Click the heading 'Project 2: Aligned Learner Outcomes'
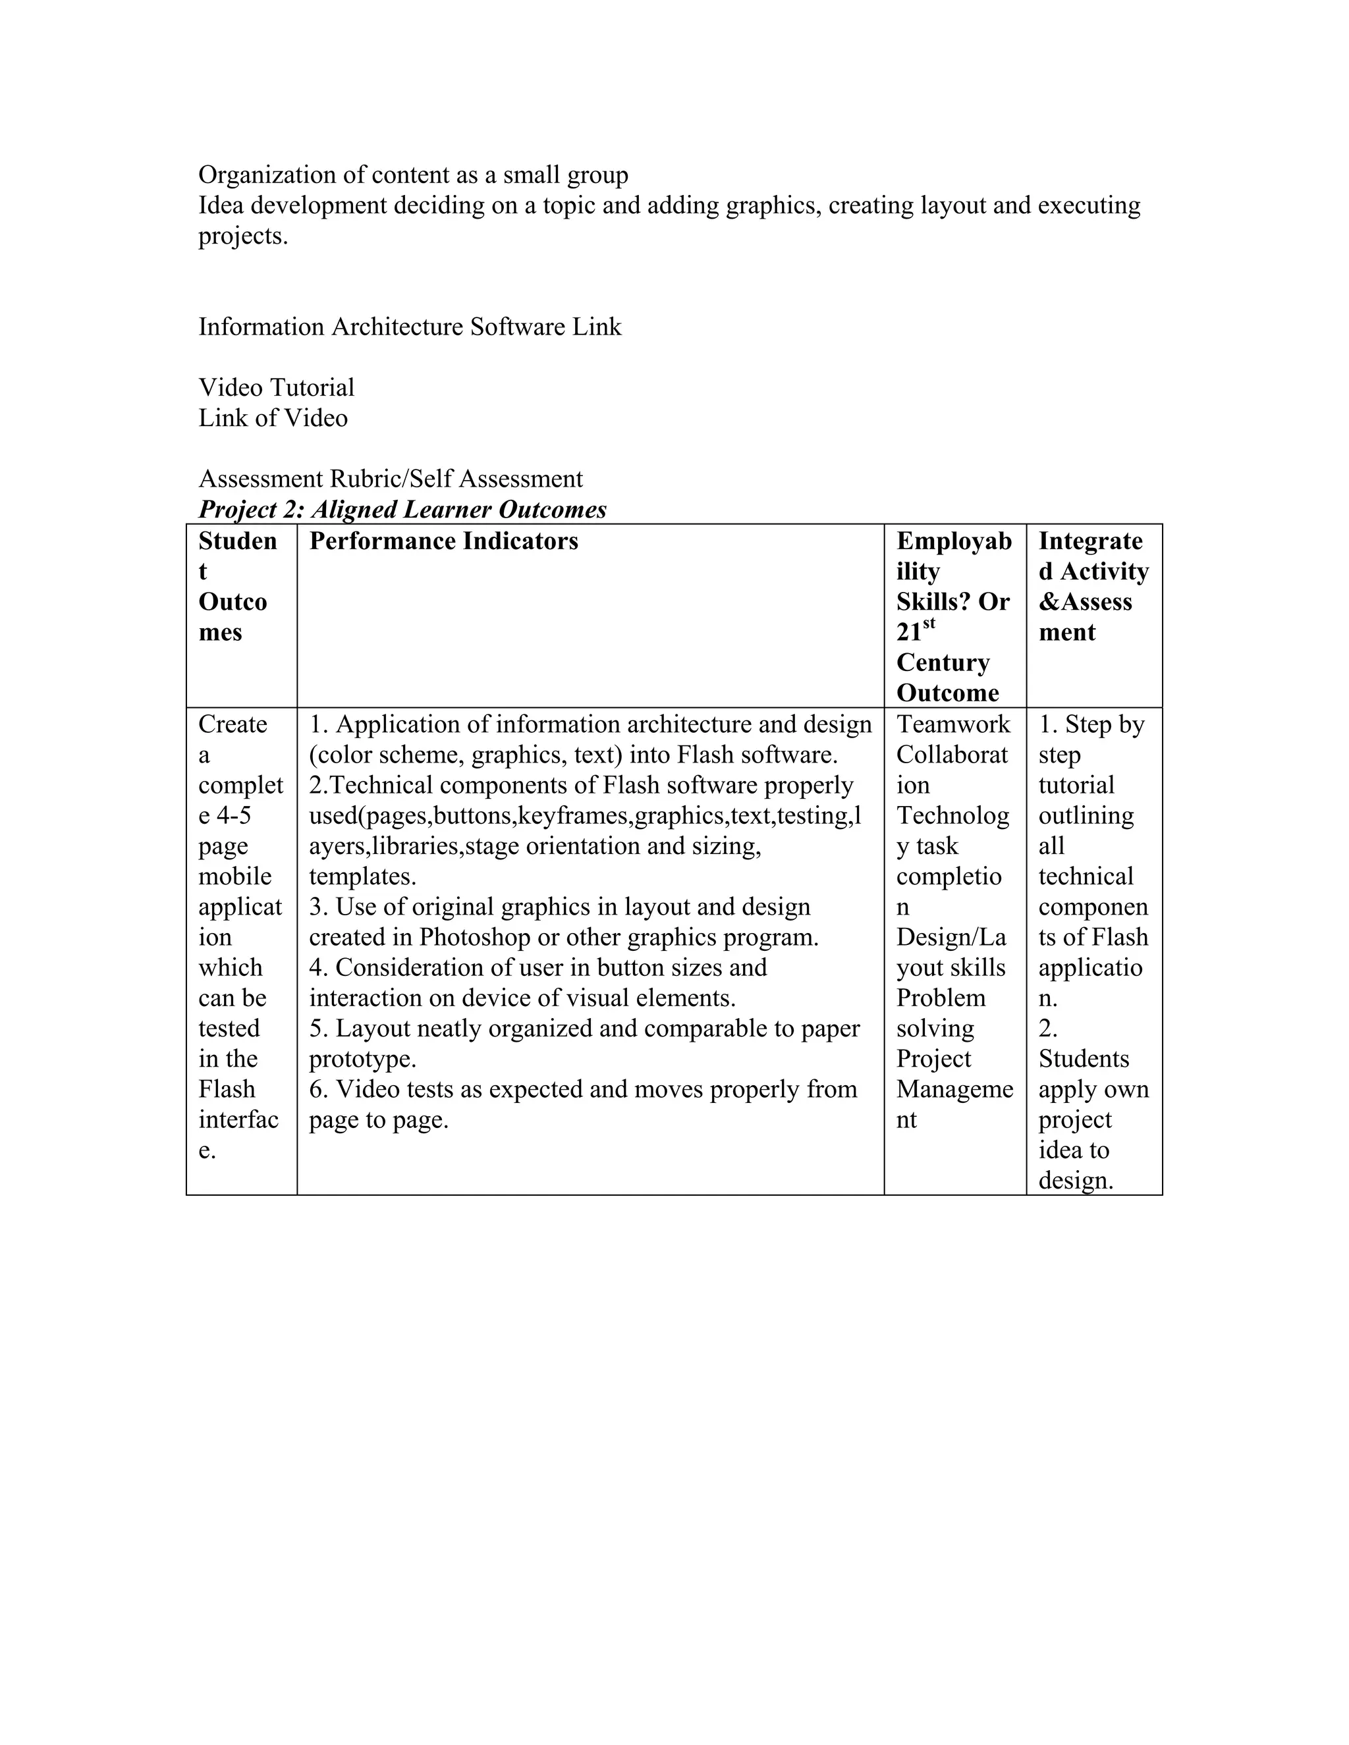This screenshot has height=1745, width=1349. (402, 510)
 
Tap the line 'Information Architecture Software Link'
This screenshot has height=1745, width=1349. (409, 327)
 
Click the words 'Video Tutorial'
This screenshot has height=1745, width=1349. (277, 387)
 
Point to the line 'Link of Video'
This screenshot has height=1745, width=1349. (273, 418)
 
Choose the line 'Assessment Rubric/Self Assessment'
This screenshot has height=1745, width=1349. (390, 479)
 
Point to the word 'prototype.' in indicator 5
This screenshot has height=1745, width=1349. (363, 1059)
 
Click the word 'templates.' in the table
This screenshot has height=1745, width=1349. (363, 876)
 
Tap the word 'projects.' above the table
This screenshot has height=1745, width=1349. (243, 236)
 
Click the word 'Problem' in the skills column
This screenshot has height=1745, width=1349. (941, 998)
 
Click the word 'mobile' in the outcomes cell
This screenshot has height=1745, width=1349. (235, 876)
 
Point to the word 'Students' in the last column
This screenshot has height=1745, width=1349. (1084, 1059)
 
